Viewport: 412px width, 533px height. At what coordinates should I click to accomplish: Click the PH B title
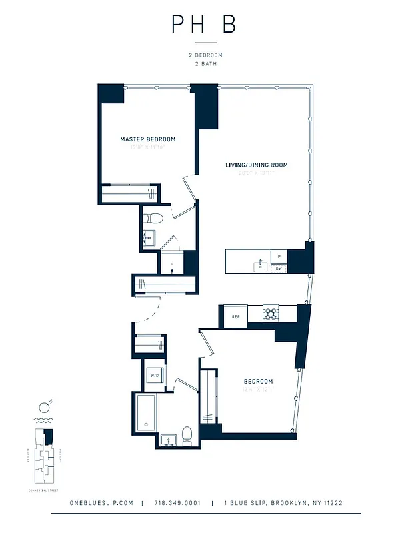click(204, 25)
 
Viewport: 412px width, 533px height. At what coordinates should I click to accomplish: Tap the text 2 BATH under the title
click(204, 64)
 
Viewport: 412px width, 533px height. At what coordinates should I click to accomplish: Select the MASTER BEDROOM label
click(148, 139)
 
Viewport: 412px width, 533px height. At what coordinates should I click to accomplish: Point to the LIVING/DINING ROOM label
click(256, 164)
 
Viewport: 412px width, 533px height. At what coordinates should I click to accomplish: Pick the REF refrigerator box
click(235, 316)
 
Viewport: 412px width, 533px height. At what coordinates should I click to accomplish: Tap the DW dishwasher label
click(279, 268)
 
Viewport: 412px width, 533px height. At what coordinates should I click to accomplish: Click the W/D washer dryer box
click(155, 375)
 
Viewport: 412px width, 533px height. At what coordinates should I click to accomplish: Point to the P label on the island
click(279, 256)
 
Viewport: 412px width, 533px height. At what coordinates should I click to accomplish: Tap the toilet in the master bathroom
click(153, 217)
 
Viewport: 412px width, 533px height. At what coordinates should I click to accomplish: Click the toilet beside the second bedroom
click(188, 434)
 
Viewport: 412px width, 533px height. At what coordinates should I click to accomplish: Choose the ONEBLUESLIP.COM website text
click(101, 503)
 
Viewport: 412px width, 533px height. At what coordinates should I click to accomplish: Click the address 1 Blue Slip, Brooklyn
click(283, 503)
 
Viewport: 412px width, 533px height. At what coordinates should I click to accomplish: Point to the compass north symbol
click(45, 405)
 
